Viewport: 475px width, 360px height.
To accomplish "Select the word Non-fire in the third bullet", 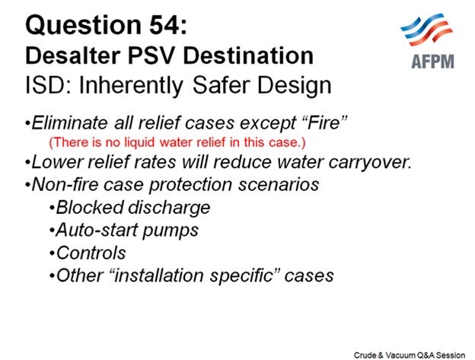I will click(65, 185).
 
